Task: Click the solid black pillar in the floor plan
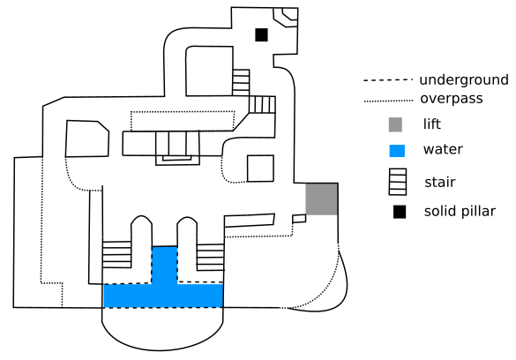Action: pos(262,35)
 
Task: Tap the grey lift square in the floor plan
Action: pos(322,199)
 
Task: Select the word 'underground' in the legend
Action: pos(464,80)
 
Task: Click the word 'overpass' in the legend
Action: pos(452,99)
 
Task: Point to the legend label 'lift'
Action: pos(431,124)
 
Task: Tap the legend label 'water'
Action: pos(443,149)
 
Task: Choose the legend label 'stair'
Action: pos(440,182)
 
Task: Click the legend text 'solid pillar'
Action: pos(460,211)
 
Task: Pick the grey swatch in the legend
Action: pos(395,124)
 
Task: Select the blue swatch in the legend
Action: pos(397,151)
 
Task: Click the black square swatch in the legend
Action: pos(400,212)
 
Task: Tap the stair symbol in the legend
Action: pos(398,182)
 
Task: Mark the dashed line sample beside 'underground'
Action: pos(388,80)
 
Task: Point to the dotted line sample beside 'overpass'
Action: pos(388,101)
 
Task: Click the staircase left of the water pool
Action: pos(116,255)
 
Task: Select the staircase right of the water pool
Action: pos(210,258)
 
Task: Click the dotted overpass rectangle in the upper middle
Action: pos(183,121)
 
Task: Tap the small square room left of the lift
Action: pos(260,169)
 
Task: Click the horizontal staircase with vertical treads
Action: pos(262,105)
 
